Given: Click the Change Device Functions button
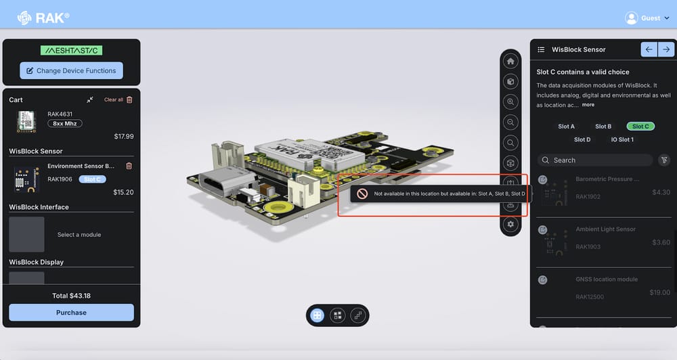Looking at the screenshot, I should [71, 70].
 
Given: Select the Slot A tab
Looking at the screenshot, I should [566, 127].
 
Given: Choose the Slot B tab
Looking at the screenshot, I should [603, 127].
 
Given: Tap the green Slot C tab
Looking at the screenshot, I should [640, 127].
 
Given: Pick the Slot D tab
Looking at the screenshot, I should [582, 139].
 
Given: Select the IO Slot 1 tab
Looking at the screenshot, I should [621, 139].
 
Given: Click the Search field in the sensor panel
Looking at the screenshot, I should [596, 160].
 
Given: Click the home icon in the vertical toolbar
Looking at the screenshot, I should [510, 62].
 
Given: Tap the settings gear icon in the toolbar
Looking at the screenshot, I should [510, 224].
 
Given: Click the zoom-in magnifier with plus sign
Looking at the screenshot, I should [510, 102].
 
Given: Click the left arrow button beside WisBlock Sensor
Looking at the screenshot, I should [649, 49].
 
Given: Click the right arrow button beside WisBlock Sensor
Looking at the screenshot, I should [666, 49].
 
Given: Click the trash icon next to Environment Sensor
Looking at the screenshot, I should [129, 166].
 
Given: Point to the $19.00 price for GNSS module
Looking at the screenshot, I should [659, 292].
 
